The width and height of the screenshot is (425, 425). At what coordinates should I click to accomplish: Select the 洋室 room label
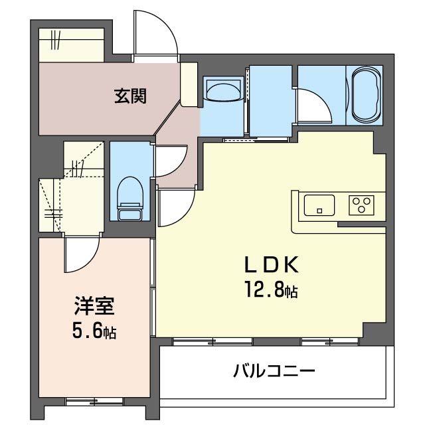click(94, 307)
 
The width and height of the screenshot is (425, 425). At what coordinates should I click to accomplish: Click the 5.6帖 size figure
click(94, 331)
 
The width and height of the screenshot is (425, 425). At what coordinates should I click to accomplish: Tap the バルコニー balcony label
click(273, 370)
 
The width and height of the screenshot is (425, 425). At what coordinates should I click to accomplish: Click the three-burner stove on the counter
click(362, 205)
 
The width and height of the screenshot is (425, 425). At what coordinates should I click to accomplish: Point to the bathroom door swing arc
click(311, 104)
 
